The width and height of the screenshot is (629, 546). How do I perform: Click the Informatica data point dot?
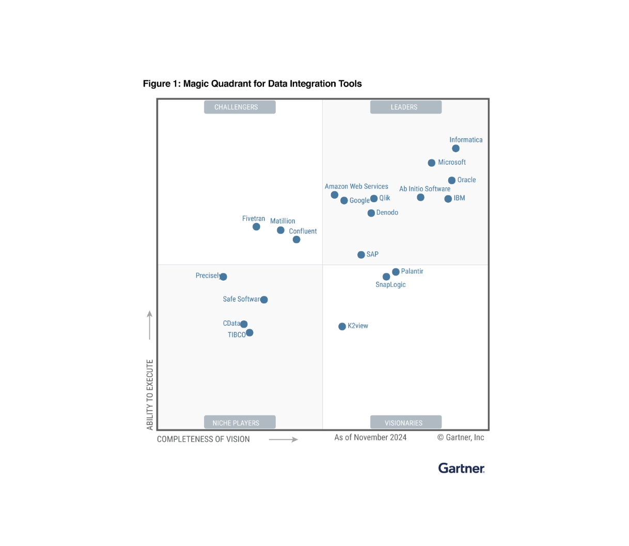point(455,149)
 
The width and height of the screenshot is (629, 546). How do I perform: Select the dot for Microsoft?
point(432,163)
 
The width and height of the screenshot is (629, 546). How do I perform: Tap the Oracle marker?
point(452,181)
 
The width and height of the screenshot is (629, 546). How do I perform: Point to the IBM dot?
point(448,199)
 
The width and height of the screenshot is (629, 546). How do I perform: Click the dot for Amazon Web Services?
point(335,195)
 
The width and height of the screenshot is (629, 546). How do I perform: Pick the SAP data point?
point(361,255)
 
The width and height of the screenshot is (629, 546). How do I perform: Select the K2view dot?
point(342,327)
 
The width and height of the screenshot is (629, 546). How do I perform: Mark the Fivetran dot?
point(256,227)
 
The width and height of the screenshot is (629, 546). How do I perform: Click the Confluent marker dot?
point(296,239)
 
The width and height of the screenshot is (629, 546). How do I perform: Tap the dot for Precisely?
point(223,277)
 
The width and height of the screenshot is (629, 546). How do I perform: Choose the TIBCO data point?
point(249,333)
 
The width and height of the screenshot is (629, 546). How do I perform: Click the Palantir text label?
point(412,271)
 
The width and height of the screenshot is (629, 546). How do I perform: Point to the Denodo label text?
point(387,213)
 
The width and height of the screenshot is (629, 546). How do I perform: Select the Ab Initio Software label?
point(424,189)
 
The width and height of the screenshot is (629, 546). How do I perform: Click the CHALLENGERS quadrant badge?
point(240,107)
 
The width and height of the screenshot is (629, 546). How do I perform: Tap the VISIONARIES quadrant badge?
point(406,423)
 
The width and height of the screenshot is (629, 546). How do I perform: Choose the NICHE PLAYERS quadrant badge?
point(240,423)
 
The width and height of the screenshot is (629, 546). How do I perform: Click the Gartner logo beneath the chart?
point(461,468)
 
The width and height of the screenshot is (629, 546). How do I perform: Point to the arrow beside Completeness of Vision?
point(284,440)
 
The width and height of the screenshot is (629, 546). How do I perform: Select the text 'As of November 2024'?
point(370,438)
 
